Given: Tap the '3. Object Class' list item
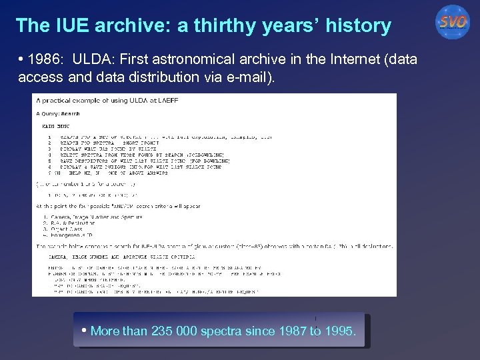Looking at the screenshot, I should click(61, 229).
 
